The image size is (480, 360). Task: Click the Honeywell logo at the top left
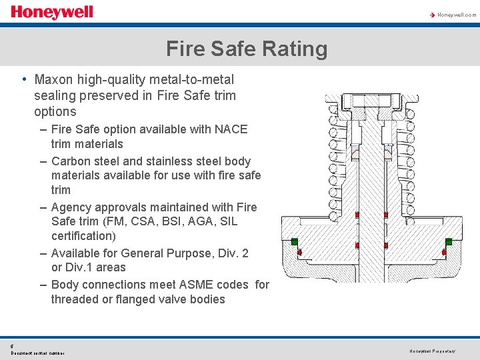pos(52,12)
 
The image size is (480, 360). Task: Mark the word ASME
pos(192,285)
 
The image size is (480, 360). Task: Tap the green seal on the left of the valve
pos(294,241)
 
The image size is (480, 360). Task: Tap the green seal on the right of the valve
pos(449,241)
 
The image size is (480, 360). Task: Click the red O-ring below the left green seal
pos(299,251)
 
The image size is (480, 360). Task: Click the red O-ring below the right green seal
pos(443,253)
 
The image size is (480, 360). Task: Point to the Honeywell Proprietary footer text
pos(431,351)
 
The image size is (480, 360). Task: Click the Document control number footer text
pos(38,353)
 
